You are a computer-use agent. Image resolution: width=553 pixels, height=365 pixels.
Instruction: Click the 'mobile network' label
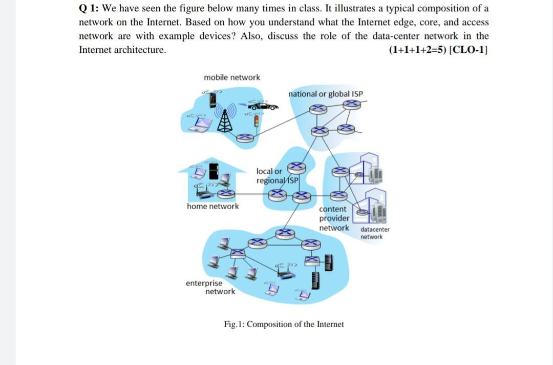[232, 77]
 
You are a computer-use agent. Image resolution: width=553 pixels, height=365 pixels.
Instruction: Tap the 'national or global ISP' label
[326, 94]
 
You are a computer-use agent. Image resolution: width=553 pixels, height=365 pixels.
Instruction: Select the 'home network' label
[212, 206]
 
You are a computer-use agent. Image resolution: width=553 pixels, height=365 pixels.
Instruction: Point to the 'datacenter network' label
[375, 233]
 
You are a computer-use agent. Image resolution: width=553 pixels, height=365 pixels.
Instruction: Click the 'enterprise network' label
[210, 287]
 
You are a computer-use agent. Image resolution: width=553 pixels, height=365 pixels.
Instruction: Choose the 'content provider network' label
[334, 218]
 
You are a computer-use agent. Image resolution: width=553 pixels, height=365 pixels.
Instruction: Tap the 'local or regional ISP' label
[277, 176]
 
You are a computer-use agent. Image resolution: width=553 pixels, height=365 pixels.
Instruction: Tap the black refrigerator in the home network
[214, 171]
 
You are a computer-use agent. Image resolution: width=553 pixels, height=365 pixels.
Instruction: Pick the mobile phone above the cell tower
[213, 100]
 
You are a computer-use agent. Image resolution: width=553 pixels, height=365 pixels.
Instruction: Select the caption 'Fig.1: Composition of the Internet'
[284, 324]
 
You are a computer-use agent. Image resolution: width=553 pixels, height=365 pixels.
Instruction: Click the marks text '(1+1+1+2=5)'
[418, 50]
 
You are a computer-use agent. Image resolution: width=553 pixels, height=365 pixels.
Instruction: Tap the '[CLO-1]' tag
[469, 50]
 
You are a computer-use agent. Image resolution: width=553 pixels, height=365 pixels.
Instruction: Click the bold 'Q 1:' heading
[89, 9]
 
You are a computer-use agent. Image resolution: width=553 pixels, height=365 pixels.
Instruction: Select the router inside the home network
[226, 193]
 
